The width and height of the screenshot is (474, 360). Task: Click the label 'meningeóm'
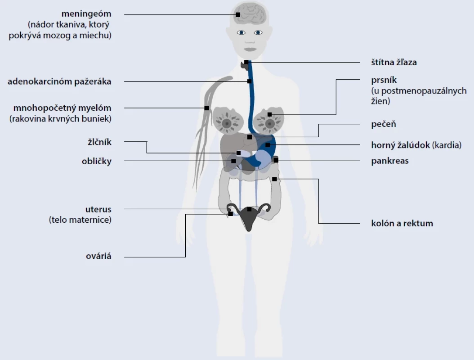click(86, 14)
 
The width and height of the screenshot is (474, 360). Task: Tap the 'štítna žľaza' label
click(394, 62)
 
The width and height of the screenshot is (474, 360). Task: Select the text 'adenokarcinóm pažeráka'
click(59, 81)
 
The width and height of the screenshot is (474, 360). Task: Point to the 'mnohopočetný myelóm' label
click(62, 108)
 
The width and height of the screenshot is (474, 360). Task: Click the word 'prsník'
click(384, 80)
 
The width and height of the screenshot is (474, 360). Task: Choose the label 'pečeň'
click(384, 124)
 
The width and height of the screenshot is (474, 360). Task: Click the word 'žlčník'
click(99, 142)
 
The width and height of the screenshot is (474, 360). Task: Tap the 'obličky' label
click(96, 161)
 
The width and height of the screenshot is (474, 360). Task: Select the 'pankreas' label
click(390, 161)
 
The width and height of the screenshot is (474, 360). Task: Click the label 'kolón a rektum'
click(402, 223)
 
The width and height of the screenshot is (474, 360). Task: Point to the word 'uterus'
click(98, 209)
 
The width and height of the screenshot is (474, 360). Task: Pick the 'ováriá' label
click(98, 256)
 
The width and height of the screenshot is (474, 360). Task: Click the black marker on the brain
click(238, 14)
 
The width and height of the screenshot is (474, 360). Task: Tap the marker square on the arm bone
click(207, 108)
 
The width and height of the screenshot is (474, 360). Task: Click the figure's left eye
click(258, 32)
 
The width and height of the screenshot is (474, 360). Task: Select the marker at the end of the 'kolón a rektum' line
click(274, 180)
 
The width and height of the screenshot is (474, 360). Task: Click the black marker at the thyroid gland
click(246, 62)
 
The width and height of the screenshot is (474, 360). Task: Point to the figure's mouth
click(250, 49)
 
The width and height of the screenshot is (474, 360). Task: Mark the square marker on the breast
click(269, 115)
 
